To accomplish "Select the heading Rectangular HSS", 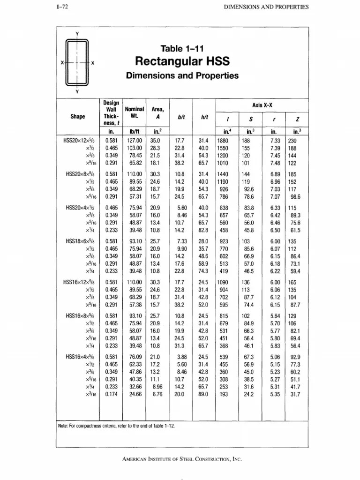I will tap(181, 61).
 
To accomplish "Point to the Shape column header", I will tap(78, 116).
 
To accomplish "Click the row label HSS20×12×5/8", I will tap(81, 140).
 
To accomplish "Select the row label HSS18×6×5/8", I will tap(81, 240).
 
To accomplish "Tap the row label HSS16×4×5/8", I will tap(81, 357).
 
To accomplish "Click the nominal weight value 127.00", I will tap(134, 140).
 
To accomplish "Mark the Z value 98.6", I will tap(295, 197).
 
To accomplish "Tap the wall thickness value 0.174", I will tap(111, 395).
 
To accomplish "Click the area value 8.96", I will tap(156, 388).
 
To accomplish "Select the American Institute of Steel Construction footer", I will tap(181, 460).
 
